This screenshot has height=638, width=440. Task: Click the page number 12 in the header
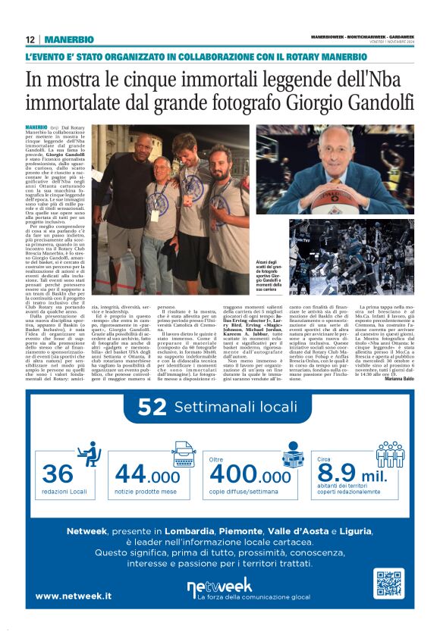(29, 39)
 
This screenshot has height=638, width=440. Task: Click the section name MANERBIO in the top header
(69, 39)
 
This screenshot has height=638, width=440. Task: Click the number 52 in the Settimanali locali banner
(152, 408)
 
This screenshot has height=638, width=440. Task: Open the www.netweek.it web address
(74, 596)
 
